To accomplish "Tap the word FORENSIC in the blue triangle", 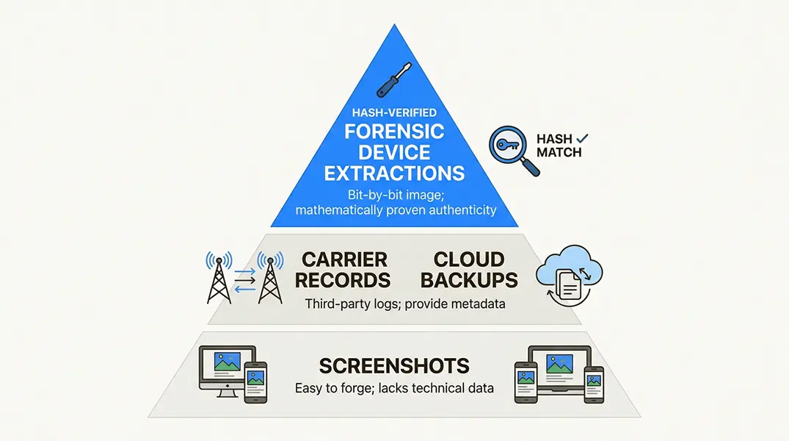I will pos(395,132).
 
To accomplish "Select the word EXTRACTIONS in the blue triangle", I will pos(395,173).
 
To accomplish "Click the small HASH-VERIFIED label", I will pos(394,112).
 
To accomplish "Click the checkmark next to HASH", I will pos(583,138).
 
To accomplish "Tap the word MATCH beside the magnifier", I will pos(559,152).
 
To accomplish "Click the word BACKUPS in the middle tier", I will pos(469,280).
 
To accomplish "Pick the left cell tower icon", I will pos(219,277).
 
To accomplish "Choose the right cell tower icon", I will pos(270,277).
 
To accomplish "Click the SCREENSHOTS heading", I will pos(394,365).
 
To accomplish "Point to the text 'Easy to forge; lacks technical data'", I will pos(394,387).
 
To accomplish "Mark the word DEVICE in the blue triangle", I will pos(395,153).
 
